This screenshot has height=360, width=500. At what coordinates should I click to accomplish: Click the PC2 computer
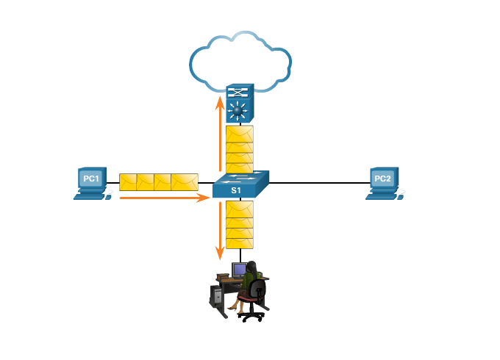[x=383, y=183]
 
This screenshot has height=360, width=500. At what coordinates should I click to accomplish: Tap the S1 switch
[x=240, y=184]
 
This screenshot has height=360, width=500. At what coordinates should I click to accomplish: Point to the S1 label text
[x=236, y=190]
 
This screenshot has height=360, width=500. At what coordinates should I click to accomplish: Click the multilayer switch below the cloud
[x=240, y=104]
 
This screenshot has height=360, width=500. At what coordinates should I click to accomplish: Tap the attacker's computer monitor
[x=239, y=270]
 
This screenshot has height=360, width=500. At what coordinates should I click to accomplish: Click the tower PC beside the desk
[x=216, y=296]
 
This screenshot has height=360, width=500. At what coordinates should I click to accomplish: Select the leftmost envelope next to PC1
[x=128, y=182]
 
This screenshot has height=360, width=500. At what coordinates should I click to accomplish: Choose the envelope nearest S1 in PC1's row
[x=185, y=182]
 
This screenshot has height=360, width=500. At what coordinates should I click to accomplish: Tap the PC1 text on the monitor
[x=90, y=179]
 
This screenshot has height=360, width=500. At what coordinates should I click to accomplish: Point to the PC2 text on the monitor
[x=382, y=179]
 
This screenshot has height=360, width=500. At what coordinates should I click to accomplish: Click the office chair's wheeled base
[x=254, y=312]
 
